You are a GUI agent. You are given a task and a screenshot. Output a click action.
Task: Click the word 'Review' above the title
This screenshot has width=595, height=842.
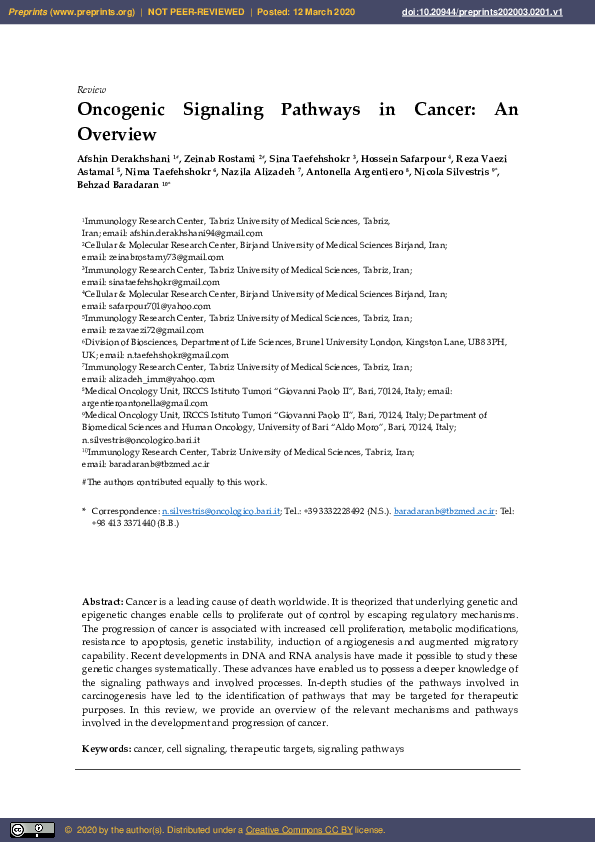click(91, 89)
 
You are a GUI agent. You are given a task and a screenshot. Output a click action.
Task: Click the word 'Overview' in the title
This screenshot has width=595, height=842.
click(117, 134)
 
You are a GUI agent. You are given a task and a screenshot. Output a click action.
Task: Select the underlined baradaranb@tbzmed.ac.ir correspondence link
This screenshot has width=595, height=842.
click(445, 510)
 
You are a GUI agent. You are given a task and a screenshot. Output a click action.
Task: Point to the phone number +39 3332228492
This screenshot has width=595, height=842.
click(336, 510)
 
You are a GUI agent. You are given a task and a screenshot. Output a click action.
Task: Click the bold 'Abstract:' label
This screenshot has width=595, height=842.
click(102, 601)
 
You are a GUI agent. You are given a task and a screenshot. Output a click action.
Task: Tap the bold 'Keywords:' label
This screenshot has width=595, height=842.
click(106, 748)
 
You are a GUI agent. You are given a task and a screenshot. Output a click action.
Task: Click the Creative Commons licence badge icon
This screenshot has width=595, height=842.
click(32, 829)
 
